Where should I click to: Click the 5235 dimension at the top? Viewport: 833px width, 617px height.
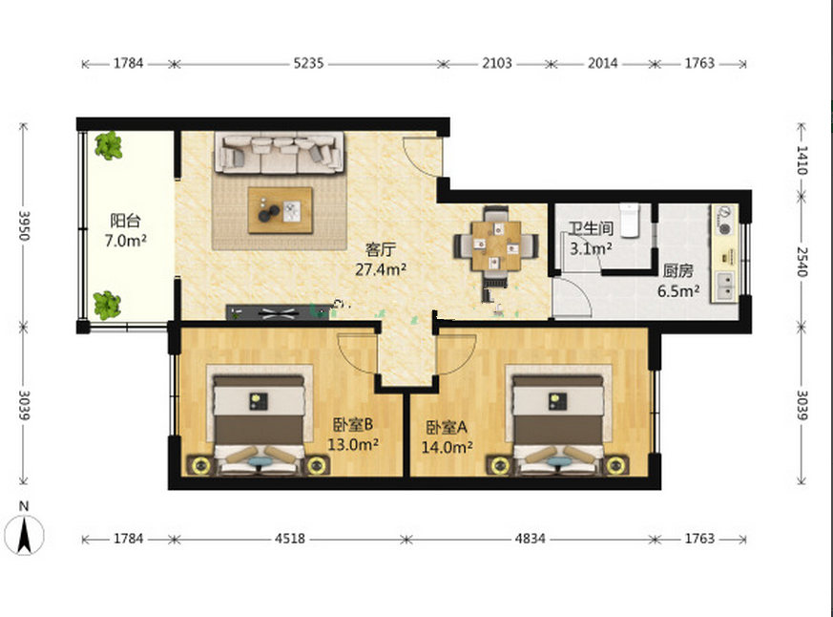308,63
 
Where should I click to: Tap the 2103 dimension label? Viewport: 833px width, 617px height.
497,63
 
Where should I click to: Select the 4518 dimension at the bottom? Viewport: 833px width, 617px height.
290,539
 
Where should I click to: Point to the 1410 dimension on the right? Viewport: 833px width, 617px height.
802,160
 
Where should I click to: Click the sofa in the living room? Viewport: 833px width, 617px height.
280,153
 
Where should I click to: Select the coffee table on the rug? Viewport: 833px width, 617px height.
280,210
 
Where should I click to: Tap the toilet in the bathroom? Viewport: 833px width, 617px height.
630,220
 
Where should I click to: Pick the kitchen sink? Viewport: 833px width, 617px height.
725,287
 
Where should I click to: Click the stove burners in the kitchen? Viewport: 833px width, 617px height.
724,221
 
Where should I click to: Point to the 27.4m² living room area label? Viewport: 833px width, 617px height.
381,269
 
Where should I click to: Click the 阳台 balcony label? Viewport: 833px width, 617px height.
125,221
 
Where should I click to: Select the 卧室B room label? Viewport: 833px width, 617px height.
353,424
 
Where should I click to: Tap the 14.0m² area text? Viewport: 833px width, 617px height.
447,447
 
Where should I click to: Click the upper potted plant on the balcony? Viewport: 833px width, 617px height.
109,146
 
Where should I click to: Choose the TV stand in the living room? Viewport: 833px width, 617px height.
278,312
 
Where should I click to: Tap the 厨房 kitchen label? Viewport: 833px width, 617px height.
677,270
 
